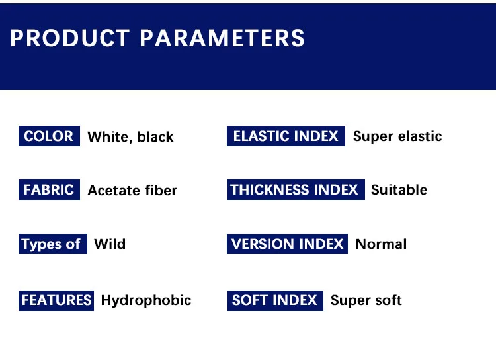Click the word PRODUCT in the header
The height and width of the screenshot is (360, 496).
click(70, 38)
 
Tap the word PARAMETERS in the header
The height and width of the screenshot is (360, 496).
click(222, 38)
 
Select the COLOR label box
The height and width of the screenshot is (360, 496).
click(49, 136)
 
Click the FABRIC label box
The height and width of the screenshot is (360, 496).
click(49, 190)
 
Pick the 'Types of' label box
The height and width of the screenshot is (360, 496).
click(53, 244)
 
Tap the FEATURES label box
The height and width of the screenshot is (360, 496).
click(56, 300)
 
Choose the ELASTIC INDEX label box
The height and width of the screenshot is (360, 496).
click(286, 136)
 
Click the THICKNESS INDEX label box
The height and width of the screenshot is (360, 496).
click(296, 190)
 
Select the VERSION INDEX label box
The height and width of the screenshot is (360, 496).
click(287, 244)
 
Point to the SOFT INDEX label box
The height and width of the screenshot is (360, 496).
click(275, 300)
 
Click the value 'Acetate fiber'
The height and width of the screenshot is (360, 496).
click(132, 191)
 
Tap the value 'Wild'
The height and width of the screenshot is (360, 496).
click(110, 244)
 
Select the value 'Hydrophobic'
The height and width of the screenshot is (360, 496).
click(146, 301)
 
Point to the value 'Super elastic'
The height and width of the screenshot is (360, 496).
click(397, 137)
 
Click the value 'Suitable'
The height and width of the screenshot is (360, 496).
click(399, 190)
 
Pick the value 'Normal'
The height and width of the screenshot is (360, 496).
click(382, 244)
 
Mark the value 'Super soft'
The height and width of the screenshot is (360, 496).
click(366, 301)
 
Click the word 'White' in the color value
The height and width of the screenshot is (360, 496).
click(110, 137)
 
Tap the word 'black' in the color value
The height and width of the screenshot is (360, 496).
click(155, 137)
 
